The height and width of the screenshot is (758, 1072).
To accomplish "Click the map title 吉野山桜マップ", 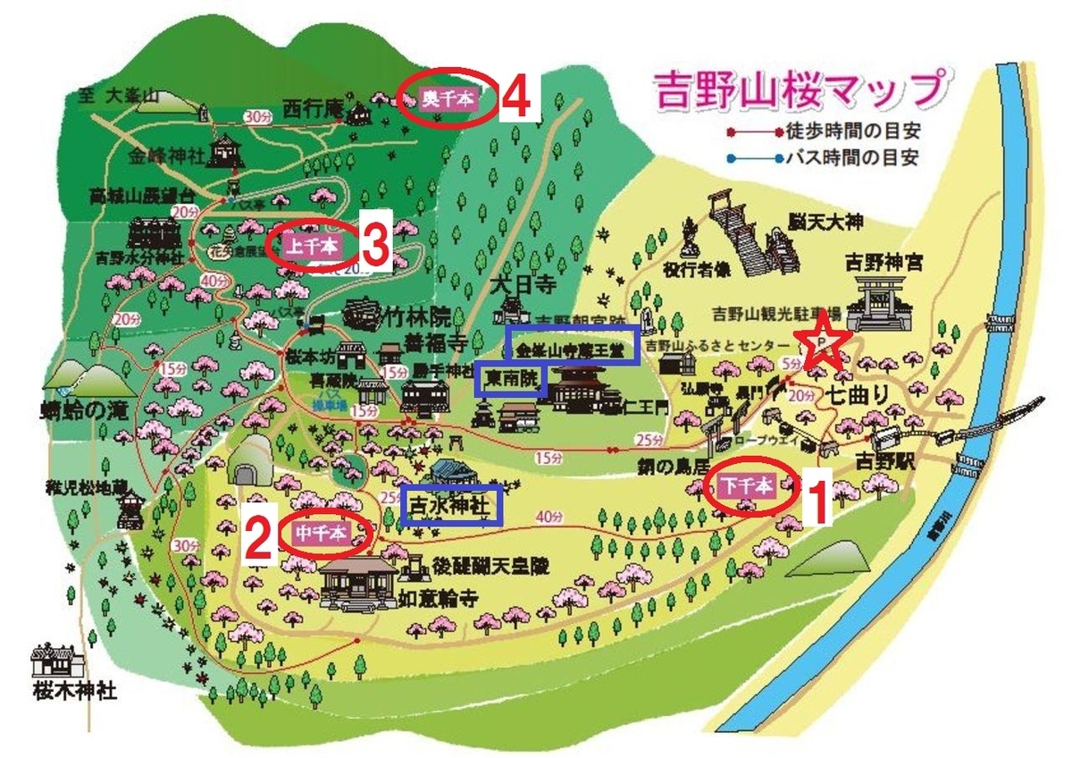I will (798, 89).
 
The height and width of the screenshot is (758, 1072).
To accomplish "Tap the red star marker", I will (821, 346).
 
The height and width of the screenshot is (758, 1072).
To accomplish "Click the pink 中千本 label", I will (320, 534).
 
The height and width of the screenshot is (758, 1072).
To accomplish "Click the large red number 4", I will (516, 98).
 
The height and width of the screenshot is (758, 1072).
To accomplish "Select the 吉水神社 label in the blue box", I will (451, 505).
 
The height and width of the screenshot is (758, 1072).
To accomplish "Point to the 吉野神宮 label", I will (884, 265).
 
